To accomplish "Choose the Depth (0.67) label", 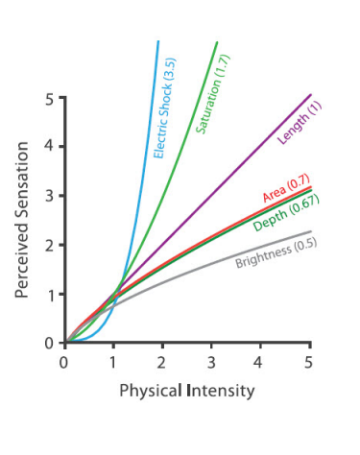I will (286, 213).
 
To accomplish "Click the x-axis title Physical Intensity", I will (188, 391).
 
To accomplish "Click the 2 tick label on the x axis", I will (162, 361).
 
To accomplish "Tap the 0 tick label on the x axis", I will (64, 361).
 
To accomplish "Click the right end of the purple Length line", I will (311, 95).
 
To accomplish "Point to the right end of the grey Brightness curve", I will (310, 231).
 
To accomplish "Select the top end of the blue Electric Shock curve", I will (157, 42).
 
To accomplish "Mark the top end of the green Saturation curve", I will (217, 42).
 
